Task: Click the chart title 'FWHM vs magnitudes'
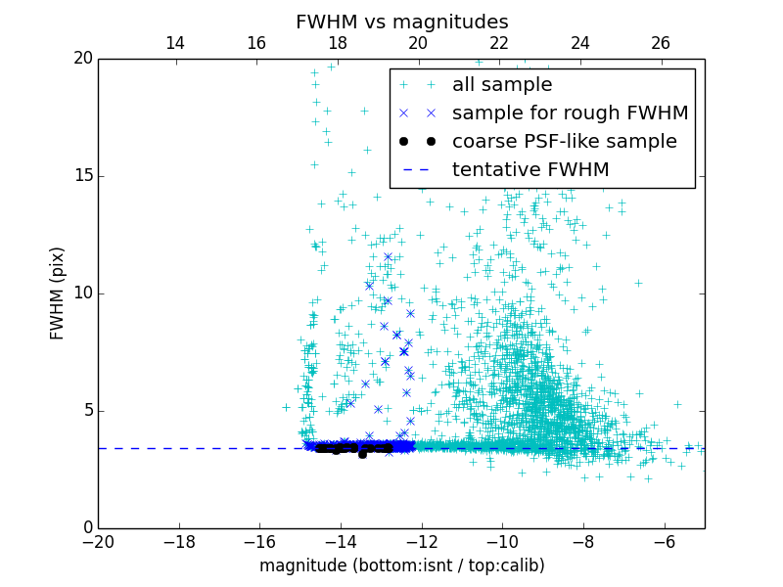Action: tap(401, 22)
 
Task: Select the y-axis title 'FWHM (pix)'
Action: tap(58, 293)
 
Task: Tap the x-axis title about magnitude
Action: tap(401, 565)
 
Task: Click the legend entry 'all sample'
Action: tap(501, 85)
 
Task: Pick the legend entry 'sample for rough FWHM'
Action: tap(570, 113)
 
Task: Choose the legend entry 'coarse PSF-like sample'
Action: tap(564, 142)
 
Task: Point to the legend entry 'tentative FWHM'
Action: tap(530, 170)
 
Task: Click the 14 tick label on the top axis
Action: tap(175, 43)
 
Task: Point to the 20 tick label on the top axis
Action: tap(418, 43)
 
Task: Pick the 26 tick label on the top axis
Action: tap(661, 43)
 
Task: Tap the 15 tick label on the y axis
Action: tap(81, 176)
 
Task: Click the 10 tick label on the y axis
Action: tap(81, 293)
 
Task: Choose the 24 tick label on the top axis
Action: tap(579, 43)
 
